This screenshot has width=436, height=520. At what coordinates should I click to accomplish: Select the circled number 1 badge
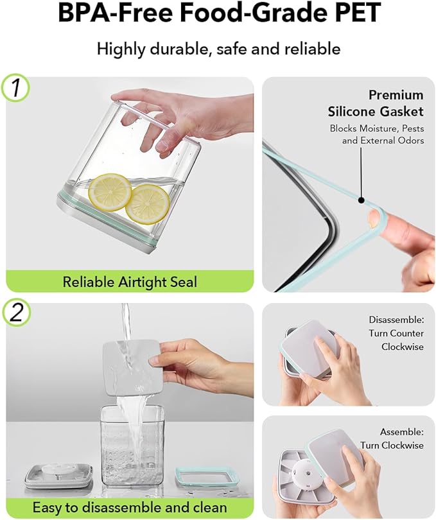tap(15, 87)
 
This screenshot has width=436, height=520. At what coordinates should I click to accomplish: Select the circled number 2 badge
tap(17, 313)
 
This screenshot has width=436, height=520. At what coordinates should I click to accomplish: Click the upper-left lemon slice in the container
tap(110, 192)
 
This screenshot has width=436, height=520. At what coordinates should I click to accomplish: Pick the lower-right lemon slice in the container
tap(147, 204)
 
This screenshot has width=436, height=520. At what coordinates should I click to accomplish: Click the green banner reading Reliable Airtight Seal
tap(130, 281)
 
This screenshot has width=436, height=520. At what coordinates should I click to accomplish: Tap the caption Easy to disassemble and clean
tap(130, 507)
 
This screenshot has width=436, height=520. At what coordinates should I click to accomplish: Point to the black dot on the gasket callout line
tap(362, 200)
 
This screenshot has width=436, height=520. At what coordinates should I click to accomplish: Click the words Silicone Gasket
tap(376, 112)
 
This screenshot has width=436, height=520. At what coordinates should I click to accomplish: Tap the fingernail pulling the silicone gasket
tap(374, 219)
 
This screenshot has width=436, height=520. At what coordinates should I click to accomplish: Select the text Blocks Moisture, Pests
tap(377, 128)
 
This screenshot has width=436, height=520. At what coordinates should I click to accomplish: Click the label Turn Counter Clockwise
tap(396, 340)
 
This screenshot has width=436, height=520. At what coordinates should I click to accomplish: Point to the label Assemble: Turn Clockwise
tap(392, 438)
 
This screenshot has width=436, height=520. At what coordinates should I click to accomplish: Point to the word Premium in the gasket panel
tap(396, 95)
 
